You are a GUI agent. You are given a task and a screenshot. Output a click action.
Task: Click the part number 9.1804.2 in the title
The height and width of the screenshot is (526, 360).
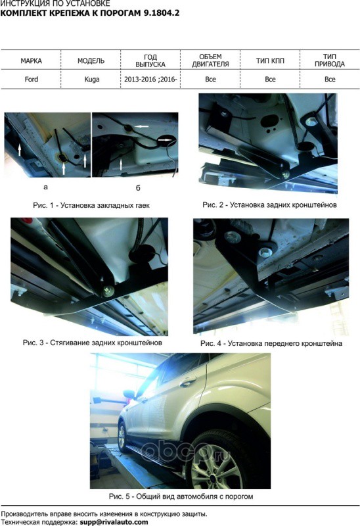162,13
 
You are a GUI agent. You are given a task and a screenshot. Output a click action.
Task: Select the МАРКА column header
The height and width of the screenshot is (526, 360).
31,60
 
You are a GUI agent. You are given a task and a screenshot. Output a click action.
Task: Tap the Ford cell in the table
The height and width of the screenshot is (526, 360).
31,80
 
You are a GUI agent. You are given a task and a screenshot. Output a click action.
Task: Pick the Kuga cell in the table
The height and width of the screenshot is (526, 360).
91,80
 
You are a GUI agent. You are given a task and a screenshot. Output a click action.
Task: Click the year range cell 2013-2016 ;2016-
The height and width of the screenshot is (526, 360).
150,80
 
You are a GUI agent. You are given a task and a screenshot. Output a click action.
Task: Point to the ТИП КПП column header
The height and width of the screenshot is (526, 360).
270,60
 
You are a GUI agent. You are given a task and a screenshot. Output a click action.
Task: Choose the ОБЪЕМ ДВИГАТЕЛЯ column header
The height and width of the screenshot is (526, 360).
210,60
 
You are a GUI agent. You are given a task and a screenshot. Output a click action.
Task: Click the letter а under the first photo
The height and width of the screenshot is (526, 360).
45,187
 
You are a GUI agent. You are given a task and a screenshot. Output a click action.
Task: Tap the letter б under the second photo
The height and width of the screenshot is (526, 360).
138,188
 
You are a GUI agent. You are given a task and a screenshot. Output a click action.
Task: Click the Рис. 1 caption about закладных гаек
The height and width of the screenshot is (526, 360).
91,205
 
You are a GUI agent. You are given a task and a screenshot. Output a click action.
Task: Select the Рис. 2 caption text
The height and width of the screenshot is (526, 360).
269,204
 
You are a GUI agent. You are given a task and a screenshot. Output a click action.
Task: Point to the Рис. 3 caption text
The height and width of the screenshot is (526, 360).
93,343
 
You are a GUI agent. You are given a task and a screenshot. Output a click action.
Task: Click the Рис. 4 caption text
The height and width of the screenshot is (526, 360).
271,343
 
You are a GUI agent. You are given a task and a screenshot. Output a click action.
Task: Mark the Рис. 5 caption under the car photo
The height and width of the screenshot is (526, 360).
181,496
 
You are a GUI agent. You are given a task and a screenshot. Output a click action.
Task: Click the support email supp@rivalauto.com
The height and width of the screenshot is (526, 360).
114,522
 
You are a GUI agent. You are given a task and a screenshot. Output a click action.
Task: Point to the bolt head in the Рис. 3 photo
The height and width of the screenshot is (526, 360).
108,291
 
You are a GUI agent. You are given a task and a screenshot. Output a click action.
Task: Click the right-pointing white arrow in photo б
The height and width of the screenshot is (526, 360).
166,139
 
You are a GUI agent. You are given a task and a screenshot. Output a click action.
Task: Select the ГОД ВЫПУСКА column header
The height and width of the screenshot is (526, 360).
150,60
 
